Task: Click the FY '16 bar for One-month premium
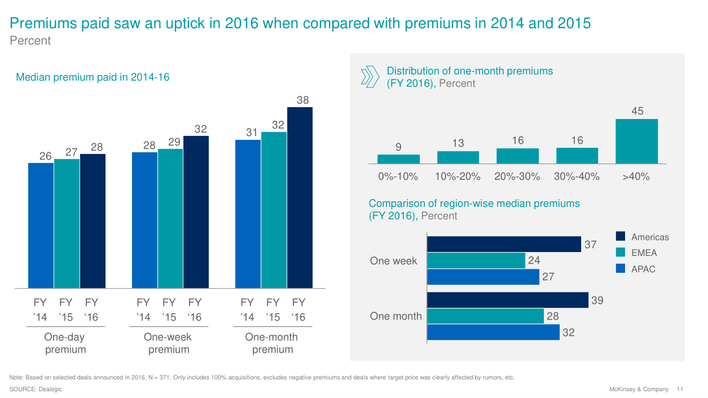pos(300,197)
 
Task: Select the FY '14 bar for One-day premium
pos(41,225)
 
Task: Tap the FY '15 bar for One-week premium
pos(170,218)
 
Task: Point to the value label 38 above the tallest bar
pos(303,100)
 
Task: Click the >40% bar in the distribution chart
pos(636,141)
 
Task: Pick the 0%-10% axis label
pos(398,176)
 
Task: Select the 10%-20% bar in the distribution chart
pos(458,157)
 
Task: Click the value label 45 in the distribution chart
pos(637,112)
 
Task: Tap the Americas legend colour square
pos(621,236)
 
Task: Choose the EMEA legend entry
pos(644,253)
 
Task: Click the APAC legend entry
pos(643,269)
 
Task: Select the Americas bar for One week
pos(504,244)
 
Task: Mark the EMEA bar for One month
pos(485,316)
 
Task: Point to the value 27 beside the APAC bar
pos(548,277)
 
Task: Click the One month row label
pos(395,316)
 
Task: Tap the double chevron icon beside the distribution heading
pos(370,77)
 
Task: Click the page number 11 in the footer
pos(680,390)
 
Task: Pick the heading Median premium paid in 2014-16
pos(93,77)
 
